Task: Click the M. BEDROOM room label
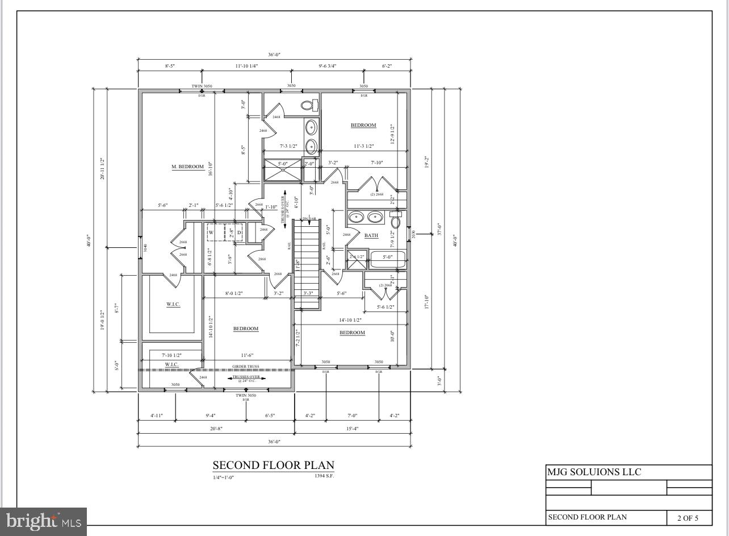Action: coord(187,167)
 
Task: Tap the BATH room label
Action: coord(371,235)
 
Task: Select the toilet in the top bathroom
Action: coord(308,105)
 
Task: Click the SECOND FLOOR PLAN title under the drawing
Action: coord(273,466)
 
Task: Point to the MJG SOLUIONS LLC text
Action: coord(594,472)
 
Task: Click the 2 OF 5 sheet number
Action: coord(688,518)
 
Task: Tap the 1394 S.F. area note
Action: coord(324,476)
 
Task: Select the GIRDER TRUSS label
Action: coord(245,367)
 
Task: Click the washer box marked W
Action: coord(211,232)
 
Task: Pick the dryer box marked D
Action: coord(239,232)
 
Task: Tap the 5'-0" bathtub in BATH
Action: coord(387,259)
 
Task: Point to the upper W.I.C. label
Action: coord(173,305)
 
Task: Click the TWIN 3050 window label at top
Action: coord(202,86)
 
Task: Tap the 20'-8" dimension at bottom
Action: coord(216,429)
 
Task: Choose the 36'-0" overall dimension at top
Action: coord(274,55)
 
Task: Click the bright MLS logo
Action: coord(43,521)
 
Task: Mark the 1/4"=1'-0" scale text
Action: coord(223,478)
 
